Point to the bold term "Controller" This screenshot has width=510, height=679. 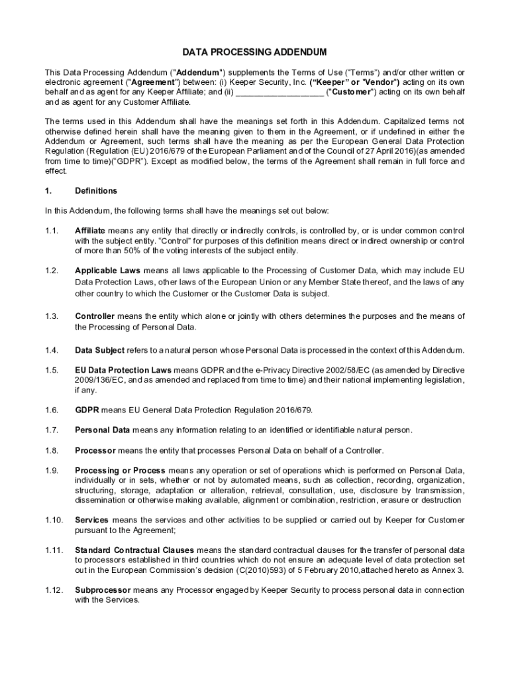(x=95, y=316)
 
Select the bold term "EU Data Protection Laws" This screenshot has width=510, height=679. (x=123, y=369)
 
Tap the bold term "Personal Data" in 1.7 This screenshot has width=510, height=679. (x=102, y=430)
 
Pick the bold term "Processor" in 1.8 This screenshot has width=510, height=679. (x=95, y=451)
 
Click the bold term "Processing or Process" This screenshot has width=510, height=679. (x=121, y=471)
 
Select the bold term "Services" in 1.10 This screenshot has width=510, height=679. (x=92, y=521)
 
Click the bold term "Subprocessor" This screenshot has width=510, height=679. (x=103, y=590)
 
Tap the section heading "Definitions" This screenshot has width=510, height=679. (x=96, y=191)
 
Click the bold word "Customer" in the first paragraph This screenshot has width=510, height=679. (x=352, y=92)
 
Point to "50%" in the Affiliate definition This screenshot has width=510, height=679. (x=127, y=251)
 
